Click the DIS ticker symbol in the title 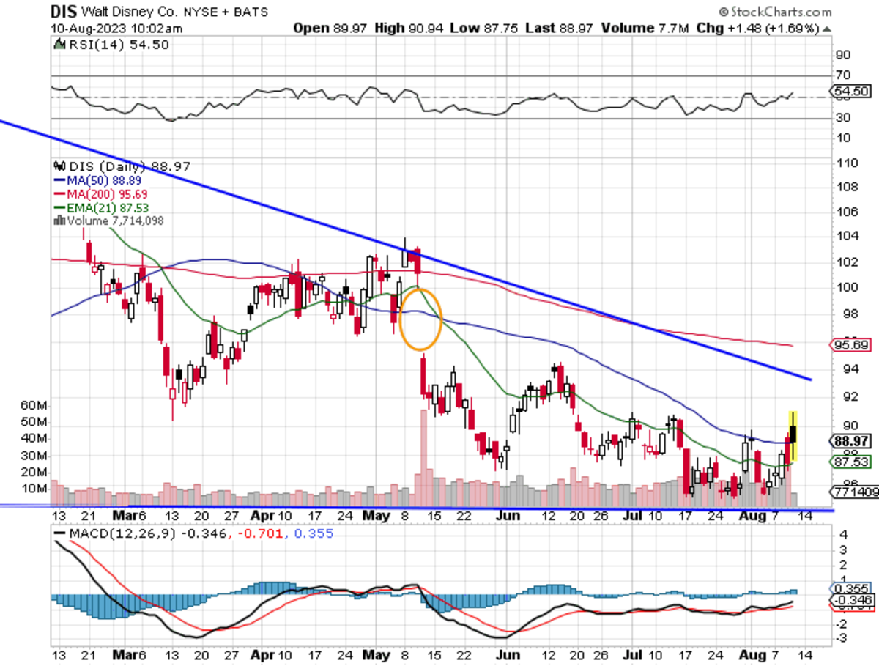coord(64,12)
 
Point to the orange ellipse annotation coord(420,319)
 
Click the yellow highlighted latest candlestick coord(793,435)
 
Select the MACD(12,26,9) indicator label coord(110,533)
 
